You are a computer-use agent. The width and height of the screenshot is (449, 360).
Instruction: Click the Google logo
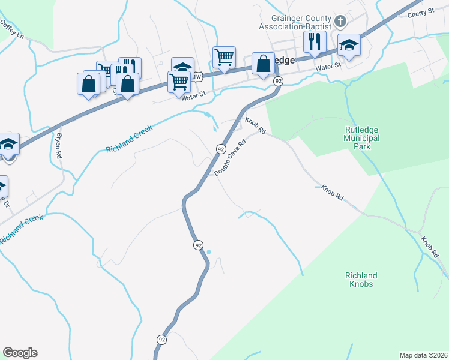(20, 353)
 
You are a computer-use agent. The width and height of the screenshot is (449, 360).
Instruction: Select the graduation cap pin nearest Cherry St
(348, 46)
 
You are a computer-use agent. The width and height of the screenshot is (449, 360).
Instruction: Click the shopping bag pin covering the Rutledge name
(263, 64)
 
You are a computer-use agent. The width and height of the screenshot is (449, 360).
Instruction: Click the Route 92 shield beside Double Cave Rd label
(221, 149)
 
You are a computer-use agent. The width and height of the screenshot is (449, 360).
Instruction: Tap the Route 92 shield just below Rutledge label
(278, 81)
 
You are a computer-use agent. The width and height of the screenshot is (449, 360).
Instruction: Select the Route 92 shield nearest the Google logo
(161, 340)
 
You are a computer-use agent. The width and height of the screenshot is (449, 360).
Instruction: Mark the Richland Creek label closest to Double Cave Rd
(130, 140)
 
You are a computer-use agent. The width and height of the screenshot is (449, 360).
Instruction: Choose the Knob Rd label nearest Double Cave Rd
(255, 125)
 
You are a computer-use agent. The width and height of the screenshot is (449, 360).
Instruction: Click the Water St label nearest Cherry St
(328, 66)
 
